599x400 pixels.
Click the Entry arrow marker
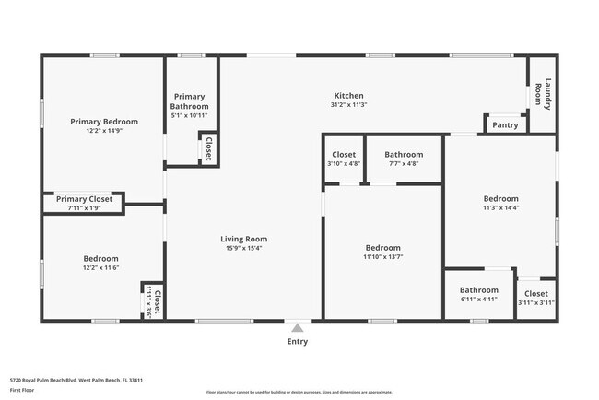click(x=297, y=326)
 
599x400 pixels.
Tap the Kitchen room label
click(x=348, y=96)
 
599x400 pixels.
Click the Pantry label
click(x=505, y=125)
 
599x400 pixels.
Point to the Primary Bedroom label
click(x=104, y=122)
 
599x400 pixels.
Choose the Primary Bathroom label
click(x=190, y=101)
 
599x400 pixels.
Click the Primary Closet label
click(x=84, y=199)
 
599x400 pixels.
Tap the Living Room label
click(x=244, y=239)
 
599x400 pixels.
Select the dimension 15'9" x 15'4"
click(x=244, y=248)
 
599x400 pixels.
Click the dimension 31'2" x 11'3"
click(x=348, y=105)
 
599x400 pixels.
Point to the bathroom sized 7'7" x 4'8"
click(x=404, y=159)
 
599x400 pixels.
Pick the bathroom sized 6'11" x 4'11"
click(x=478, y=294)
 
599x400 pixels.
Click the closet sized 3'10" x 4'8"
click(x=343, y=159)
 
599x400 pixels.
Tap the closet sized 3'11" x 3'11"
click(x=535, y=298)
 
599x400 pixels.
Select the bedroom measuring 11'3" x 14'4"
click(x=500, y=203)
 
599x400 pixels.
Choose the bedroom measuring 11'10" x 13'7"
click(x=382, y=252)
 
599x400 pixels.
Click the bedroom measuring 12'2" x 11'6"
click(x=100, y=263)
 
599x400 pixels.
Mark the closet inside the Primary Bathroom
click(x=208, y=149)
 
